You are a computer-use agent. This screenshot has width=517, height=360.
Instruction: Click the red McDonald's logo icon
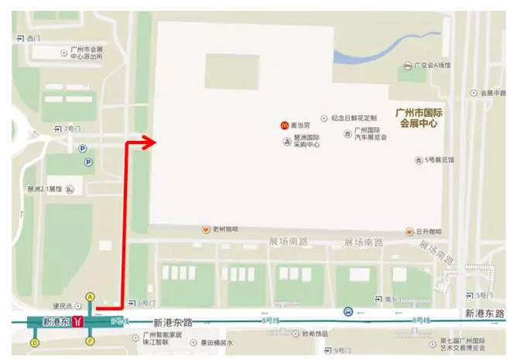[284, 124]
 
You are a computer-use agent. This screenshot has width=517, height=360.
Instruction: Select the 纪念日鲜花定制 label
[354, 118]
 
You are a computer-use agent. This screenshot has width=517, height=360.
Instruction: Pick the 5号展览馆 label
[439, 160]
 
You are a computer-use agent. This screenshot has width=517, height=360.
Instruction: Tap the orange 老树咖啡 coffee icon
[206, 229]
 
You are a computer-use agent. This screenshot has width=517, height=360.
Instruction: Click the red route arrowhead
[144, 141]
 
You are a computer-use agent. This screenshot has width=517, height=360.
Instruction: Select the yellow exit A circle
[90, 296]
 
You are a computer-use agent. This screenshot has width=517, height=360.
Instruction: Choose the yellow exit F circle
[90, 341]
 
